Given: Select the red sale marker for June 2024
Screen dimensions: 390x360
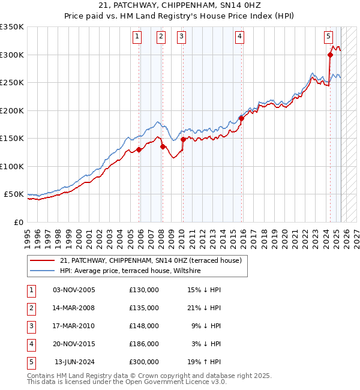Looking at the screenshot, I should tap(330, 55).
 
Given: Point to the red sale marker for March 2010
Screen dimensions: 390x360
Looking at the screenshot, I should tap(183, 140).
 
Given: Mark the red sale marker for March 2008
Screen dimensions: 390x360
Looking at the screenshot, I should tap(163, 146).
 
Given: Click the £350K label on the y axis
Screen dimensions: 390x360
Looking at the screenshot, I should tap(12, 27).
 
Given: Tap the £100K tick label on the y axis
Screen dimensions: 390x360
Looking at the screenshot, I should tap(12, 166).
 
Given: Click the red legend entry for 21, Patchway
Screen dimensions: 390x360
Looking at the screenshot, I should tap(150, 260).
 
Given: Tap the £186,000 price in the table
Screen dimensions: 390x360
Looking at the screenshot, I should tap(144, 344).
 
